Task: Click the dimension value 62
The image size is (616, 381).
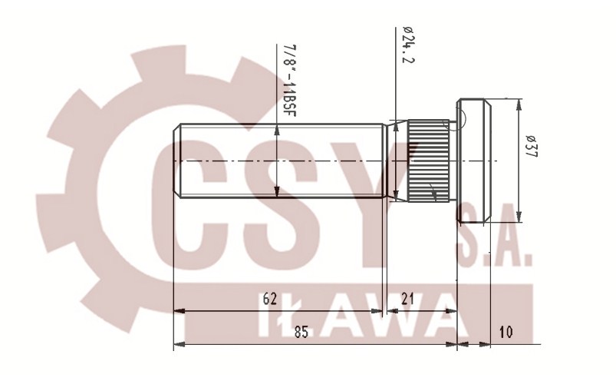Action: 269,300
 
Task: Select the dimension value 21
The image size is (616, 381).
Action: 407,300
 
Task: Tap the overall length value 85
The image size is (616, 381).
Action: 302,332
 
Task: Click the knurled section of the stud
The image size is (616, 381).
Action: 427,161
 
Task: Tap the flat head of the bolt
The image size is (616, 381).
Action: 474,161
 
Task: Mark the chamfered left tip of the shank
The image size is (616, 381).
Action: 177,161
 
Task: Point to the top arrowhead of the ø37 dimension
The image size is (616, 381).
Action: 519,104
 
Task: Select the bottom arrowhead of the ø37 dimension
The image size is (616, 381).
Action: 519,217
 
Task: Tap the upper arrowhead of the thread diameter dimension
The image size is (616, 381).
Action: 278,130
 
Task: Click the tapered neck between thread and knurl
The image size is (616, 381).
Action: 394,161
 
